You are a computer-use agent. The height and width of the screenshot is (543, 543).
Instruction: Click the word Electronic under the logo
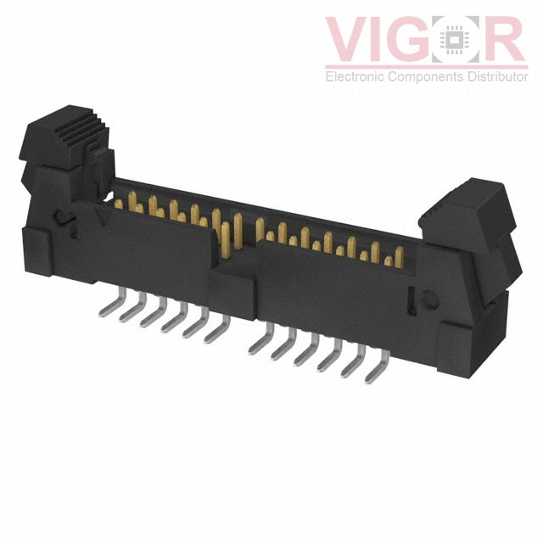click(x=355, y=77)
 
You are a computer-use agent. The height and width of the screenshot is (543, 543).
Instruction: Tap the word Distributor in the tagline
click(x=495, y=77)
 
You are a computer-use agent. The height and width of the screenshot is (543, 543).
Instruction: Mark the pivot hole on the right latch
click(x=426, y=299)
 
